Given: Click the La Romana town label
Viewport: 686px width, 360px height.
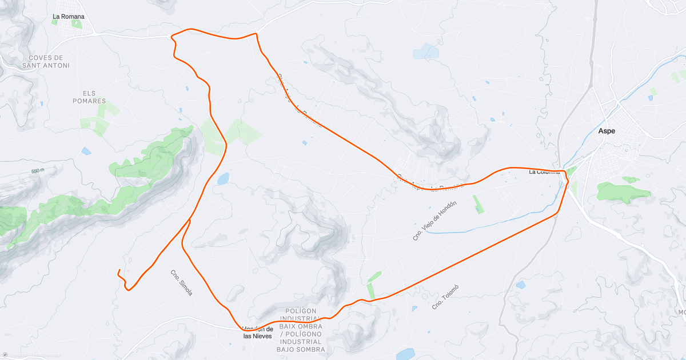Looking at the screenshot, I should [x=68, y=17].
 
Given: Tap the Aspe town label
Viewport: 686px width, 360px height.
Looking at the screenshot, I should [x=607, y=131].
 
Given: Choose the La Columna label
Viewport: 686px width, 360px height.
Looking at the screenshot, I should [x=544, y=171].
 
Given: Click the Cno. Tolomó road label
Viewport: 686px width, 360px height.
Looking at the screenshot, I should [x=445, y=297].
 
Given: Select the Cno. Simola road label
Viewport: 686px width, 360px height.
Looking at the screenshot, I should [x=181, y=283].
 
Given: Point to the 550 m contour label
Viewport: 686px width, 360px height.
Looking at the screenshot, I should [x=38, y=171].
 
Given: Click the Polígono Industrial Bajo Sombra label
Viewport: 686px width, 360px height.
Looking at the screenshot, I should [x=301, y=330].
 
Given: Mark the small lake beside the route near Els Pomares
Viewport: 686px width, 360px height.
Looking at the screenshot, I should [x=222, y=179].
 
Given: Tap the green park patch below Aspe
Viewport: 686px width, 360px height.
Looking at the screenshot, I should [x=623, y=191].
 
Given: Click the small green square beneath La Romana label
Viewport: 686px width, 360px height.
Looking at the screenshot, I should [x=77, y=24].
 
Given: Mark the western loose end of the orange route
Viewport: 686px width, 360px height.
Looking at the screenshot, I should [x=118, y=270].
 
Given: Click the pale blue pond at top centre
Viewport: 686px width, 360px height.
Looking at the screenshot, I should [x=426, y=53].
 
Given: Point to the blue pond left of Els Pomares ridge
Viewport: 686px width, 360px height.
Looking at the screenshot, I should [x=86, y=151].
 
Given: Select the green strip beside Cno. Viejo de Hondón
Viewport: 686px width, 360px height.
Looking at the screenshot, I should [x=478, y=204].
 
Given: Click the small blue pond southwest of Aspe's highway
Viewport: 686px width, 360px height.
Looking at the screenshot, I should [x=520, y=285].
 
